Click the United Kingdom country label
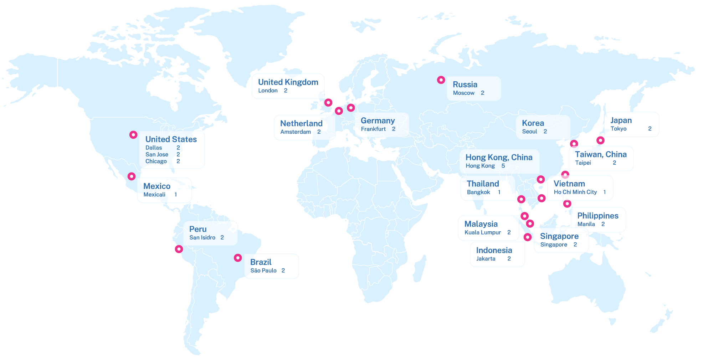click(288, 82)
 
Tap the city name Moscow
click(463, 93)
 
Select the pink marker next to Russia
click(441, 80)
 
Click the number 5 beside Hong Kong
click(503, 166)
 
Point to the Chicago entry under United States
click(156, 161)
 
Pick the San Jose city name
click(157, 154)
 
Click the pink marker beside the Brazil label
click(238, 258)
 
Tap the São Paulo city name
click(263, 271)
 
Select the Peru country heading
click(198, 229)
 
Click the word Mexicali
click(154, 195)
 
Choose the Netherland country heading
click(301, 124)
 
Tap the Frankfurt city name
click(373, 129)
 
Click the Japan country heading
click(621, 120)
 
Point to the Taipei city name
click(583, 163)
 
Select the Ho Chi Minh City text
click(575, 192)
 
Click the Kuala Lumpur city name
click(482, 232)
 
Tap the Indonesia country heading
click(494, 250)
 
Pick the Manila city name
click(586, 224)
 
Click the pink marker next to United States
click(133, 135)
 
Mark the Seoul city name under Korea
click(529, 132)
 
